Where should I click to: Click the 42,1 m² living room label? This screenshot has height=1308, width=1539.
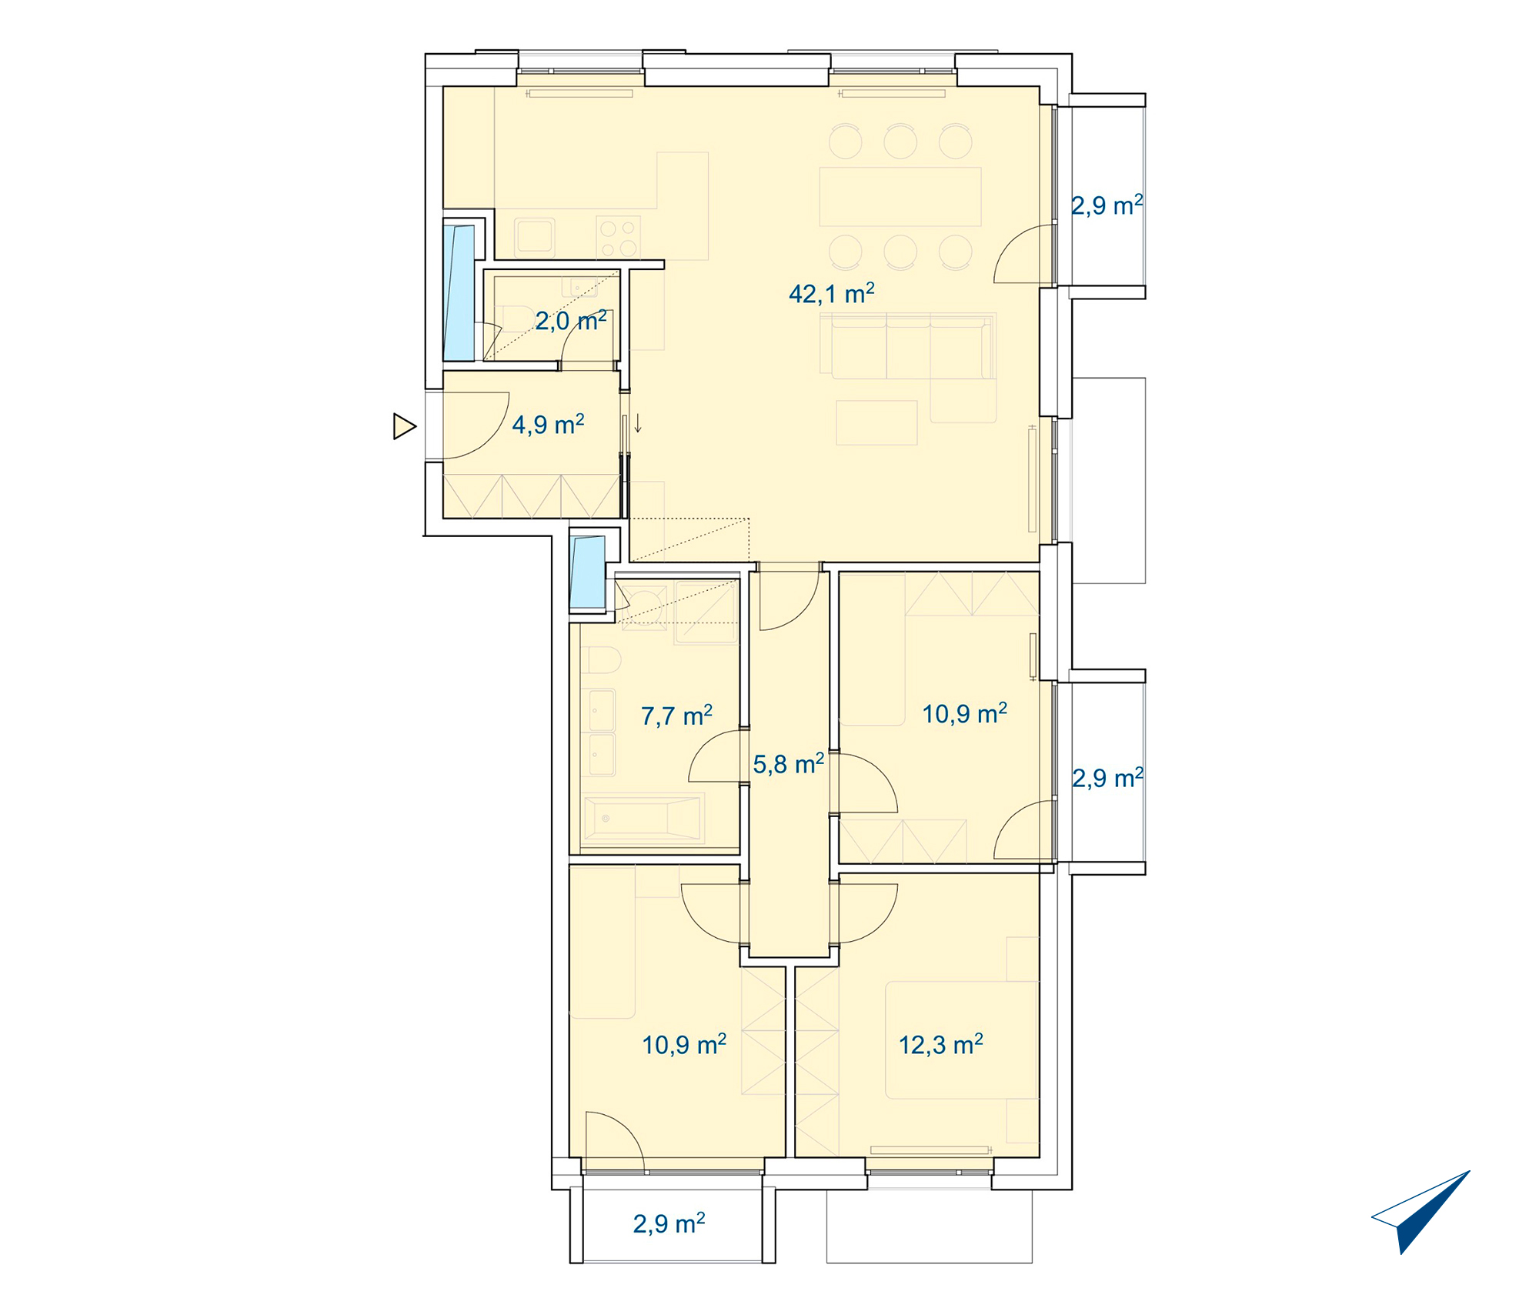click(832, 293)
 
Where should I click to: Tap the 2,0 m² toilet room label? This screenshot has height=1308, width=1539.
click(571, 320)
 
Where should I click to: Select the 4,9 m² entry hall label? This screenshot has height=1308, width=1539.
click(548, 424)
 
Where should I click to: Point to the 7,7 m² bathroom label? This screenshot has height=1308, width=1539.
click(676, 716)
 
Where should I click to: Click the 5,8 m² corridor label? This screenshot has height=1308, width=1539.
click(789, 764)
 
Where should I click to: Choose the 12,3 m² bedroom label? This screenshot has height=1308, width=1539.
click(941, 1045)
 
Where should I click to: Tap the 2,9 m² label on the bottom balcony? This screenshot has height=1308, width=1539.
click(669, 1223)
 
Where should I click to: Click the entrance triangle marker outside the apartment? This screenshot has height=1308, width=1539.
click(405, 426)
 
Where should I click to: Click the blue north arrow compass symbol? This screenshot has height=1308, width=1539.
click(1420, 1212)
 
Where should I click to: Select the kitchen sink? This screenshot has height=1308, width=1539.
click(535, 236)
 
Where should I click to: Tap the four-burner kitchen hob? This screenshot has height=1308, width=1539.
click(619, 237)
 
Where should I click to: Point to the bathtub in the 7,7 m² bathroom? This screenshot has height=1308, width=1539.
click(643, 817)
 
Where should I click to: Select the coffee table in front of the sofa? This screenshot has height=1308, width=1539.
click(876, 422)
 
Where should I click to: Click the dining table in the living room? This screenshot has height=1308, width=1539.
click(900, 196)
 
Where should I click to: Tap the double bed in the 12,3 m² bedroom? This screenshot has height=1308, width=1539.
click(962, 1039)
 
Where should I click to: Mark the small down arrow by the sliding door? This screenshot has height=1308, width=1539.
click(638, 423)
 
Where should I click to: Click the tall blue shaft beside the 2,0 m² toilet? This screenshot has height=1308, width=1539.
click(459, 292)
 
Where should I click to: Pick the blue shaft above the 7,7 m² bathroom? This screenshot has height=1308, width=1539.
click(588, 572)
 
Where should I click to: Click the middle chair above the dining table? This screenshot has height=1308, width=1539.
click(900, 142)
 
